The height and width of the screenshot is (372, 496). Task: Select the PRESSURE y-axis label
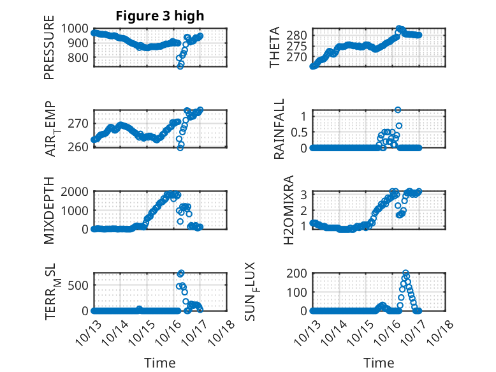(49, 52)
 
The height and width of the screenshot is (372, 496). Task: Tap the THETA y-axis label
(275, 47)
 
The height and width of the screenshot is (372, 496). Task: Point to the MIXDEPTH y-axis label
(49, 211)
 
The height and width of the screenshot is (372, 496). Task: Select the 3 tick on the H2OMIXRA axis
(305, 194)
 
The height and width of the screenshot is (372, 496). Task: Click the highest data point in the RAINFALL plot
(398, 110)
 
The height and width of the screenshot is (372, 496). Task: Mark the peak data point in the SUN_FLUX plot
(405, 273)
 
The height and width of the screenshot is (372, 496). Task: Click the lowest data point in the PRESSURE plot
(180, 66)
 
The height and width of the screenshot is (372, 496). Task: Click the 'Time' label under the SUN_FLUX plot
(379, 362)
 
